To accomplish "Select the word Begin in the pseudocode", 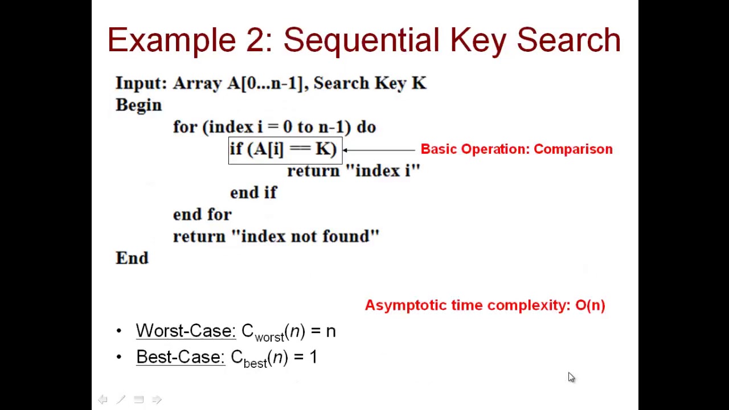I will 138,105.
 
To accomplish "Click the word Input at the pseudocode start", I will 140,83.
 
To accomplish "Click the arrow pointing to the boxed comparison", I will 379,150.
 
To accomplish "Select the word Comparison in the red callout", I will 573,149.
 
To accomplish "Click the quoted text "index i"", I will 382,171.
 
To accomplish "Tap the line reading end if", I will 253,192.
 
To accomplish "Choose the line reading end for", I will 202,215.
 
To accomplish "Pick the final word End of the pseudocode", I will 132,258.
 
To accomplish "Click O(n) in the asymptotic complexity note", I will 590,305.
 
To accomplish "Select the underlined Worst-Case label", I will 186,331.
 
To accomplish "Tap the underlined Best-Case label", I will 181,357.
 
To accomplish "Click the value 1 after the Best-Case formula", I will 313,357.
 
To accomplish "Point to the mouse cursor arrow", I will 571,377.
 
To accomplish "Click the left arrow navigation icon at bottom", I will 103,400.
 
